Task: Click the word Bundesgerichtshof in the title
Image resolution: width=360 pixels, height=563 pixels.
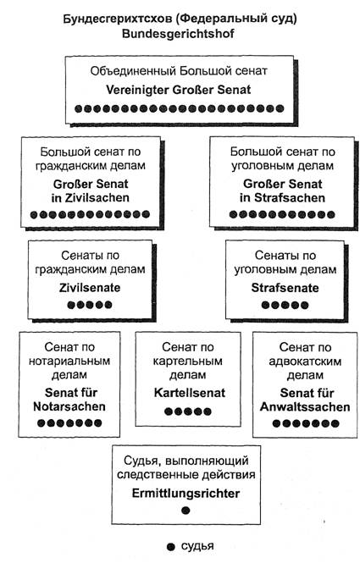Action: tap(178, 34)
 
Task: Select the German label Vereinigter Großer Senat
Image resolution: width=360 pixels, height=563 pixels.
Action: tap(179, 90)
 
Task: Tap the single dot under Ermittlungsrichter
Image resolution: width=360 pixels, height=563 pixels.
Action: tap(186, 511)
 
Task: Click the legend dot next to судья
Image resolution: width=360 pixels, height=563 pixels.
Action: tap(171, 547)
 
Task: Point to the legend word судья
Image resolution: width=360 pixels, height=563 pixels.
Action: tap(197, 547)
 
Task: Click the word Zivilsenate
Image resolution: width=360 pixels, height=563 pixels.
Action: tap(90, 288)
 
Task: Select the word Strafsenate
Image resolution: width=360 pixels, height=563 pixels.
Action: tap(285, 288)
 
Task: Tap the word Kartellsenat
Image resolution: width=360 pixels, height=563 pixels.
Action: tap(190, 393)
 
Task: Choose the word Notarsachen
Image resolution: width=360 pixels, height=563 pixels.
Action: tap(69, 406)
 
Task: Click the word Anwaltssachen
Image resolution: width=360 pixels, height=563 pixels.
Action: tap(305, 407)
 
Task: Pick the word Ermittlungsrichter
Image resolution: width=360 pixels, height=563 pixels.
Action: tap(186, 493)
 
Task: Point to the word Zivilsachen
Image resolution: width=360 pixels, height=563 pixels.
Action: tap(97, 198)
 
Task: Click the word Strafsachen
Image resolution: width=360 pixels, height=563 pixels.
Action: tap(290, 198)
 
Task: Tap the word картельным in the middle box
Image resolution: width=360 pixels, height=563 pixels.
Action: tap(187, 361)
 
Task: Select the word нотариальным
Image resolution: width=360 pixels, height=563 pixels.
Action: tap(69, 361)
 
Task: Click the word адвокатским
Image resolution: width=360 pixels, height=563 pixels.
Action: tap(305, 362)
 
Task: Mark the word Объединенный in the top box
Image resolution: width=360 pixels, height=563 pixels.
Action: tap(133, 71)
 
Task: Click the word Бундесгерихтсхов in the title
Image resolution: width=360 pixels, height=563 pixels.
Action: tap(118, 19)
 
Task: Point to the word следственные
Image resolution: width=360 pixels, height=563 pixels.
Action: tap(158, 475)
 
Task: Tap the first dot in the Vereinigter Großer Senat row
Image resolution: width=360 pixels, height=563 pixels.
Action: tap(78, 108)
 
